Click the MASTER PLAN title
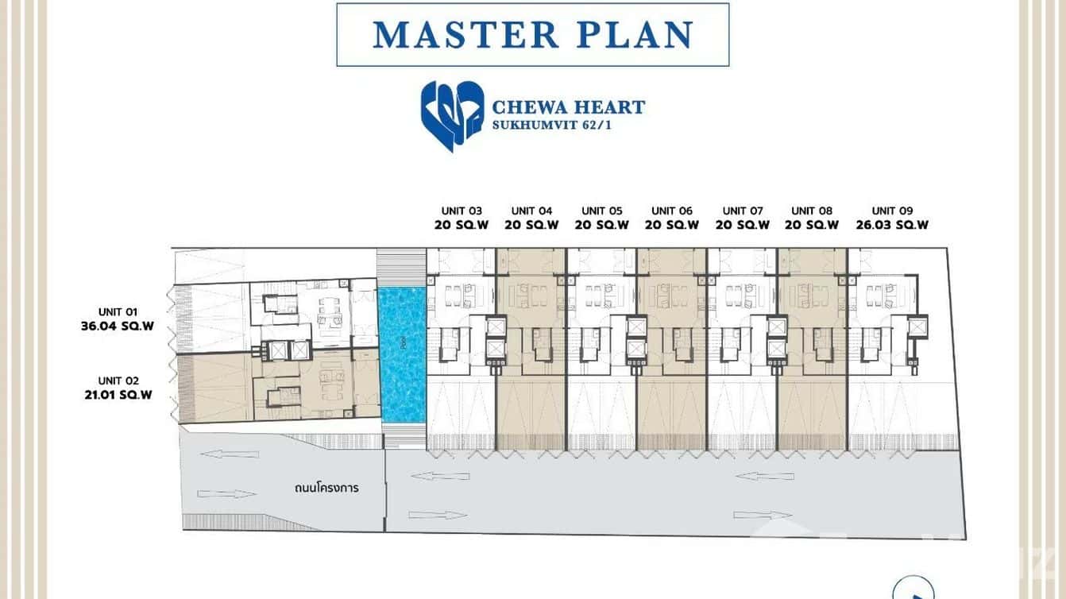pos(532,35)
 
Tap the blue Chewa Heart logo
pos(452,116)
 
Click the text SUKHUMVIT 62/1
pos(551,126)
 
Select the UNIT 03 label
pos(462,211)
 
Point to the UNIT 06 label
pos(671,211)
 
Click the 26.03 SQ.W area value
pos(892,225)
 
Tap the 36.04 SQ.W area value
pos(117,326)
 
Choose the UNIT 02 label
pos(118,381)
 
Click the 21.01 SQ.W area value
pos(118,394)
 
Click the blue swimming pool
pos(402,354)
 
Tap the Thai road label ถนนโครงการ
pos(326,488)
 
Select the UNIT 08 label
pos(811,211)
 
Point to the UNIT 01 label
pos(118,312)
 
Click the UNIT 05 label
pos(601,211)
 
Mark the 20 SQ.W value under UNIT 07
pos(743,225)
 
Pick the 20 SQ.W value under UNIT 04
pos(531,225)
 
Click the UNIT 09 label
pos(892,211)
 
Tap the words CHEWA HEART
pos(569,107)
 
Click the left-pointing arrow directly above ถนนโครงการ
pos(230,454)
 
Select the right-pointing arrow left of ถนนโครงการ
pos(226,494)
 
